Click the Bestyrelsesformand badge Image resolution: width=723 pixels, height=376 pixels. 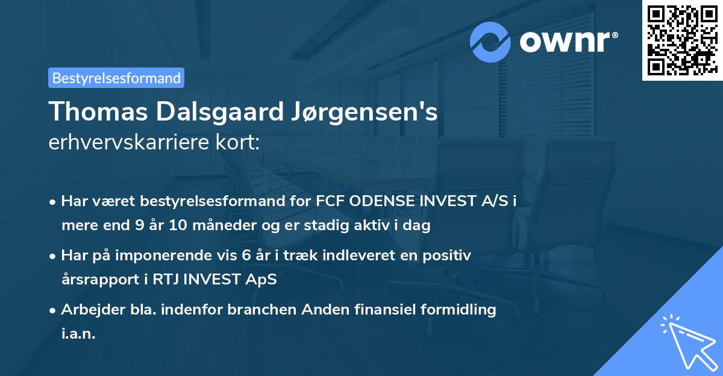pos(116,78)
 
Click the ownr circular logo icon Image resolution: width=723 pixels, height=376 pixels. pos(490,42)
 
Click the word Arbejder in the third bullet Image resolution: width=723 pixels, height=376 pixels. pos(89,310)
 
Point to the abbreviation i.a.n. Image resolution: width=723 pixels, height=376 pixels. pos(78,334)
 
